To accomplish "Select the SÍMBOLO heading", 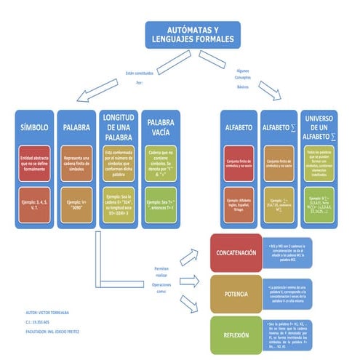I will [35, 127].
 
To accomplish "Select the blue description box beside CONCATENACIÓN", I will [289, 252].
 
